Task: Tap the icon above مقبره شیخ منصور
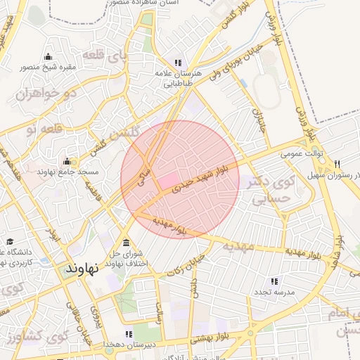tap(48, 57)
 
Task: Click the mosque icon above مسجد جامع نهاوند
tap(67, 162)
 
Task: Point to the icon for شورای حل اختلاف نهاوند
tap(126, 243)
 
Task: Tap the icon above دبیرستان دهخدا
tap(128, 334)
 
